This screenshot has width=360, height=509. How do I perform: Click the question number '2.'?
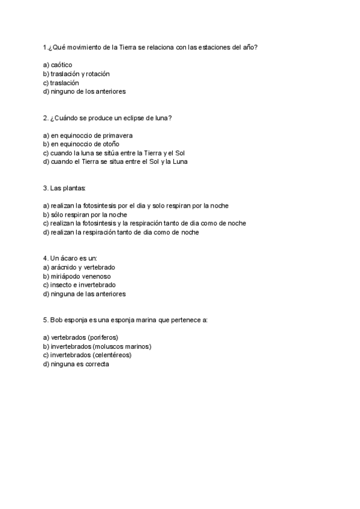(x=46, y=118)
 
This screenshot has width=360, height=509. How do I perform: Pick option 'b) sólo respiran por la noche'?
(x=85, y=214)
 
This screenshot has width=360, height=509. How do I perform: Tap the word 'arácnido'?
(x=64, y=267)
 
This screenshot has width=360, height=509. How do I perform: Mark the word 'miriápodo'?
(x=65, y=276)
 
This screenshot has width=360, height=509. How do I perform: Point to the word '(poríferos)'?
(x=102, y=337)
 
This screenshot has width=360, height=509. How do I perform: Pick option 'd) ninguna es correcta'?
(x=76, y=364)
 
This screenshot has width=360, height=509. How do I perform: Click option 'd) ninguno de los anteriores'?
(x=85, y=91)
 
